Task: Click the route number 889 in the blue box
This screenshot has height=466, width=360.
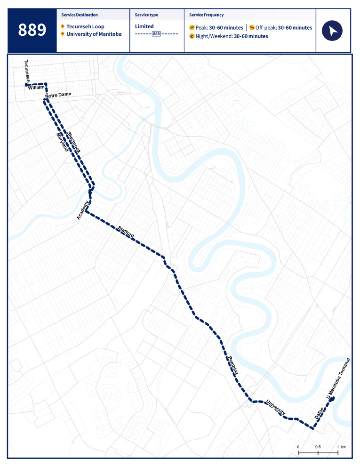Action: point(32,30)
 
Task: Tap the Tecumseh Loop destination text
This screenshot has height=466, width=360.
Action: point(85,26)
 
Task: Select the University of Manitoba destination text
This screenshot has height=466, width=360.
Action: point(94,34)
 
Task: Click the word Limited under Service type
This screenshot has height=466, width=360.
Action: point(144,26)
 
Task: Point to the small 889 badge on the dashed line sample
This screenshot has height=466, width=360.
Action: point(157,34)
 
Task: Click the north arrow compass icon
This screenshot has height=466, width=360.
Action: point(332,31)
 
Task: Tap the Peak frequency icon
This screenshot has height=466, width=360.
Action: point(192,28)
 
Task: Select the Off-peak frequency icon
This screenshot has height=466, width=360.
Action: point(252,28)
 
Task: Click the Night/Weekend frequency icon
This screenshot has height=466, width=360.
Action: point(192,36)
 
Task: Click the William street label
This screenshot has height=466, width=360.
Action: point(36,88)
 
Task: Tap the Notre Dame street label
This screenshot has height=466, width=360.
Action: point(58,96)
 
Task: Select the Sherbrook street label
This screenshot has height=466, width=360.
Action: point(74,141)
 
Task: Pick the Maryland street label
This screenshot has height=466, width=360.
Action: point(62,143)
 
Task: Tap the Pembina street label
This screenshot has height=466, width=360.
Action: point(233,365)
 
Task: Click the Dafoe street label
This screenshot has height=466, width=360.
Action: point(319,413)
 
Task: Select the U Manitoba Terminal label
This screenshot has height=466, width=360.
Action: point(339,380)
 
